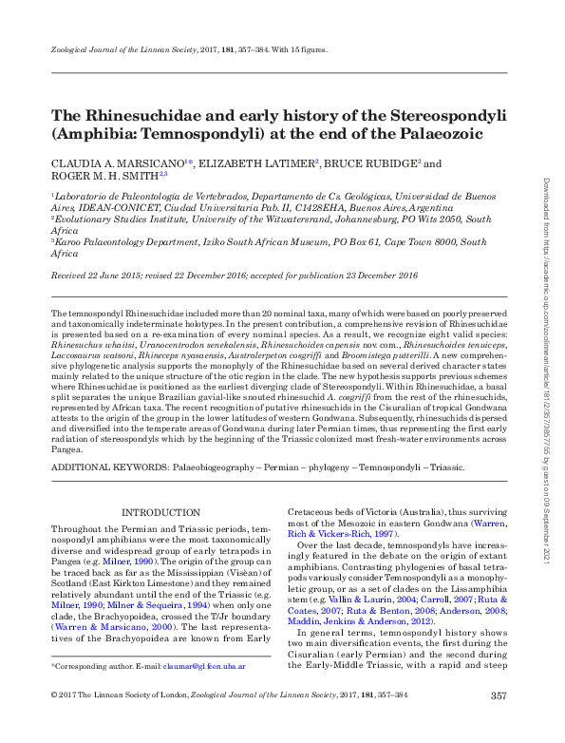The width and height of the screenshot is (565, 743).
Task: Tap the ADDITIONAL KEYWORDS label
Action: [x=108, y=467]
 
